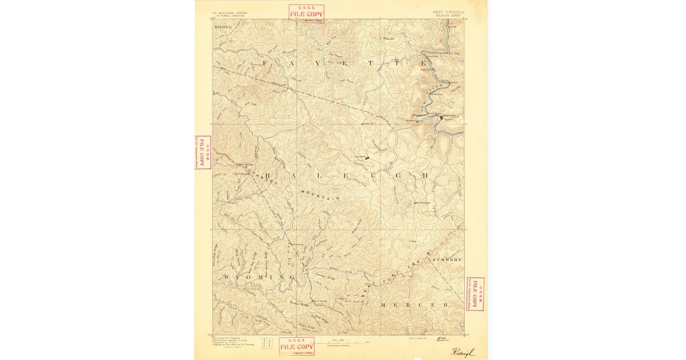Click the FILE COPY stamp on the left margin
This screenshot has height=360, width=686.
pos(202,153)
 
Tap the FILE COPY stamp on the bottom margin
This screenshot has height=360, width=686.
pos(297,346)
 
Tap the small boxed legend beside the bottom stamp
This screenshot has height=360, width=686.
pos(266,343)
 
